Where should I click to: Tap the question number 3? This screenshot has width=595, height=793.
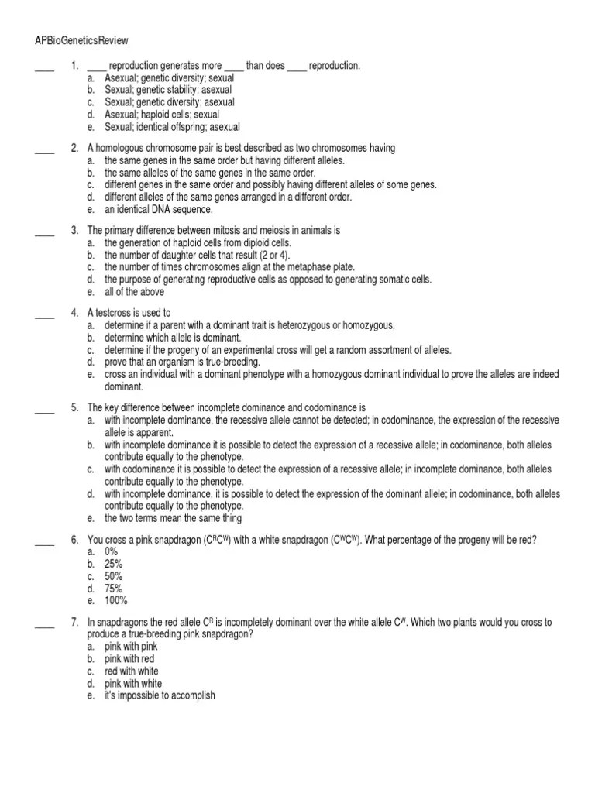coord(74,231)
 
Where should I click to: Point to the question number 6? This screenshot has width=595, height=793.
coord(74,541)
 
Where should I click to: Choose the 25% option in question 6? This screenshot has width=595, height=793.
coord(114,565)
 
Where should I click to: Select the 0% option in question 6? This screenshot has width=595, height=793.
coord(112,552)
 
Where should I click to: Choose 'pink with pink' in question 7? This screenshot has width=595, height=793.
coord(131,646)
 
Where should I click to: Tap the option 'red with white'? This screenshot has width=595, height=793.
coord(131,671)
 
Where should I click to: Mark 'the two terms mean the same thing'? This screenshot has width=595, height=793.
coord(174,518)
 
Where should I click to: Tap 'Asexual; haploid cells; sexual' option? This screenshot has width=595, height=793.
coord(162,115)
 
